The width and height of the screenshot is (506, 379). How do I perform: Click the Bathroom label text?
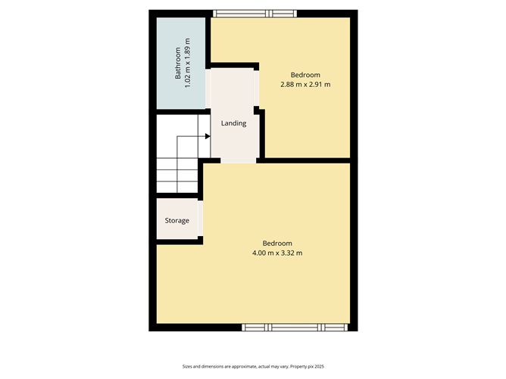point(178,64)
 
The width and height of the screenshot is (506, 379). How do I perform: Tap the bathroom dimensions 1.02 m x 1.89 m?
point(188,64)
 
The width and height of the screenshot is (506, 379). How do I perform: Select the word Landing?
point(233,123)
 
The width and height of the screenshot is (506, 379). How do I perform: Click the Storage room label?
point(177,220)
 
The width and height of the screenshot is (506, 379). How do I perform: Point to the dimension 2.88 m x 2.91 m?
point(305,84)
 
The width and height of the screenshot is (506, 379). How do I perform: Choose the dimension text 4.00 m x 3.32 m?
point(277,253)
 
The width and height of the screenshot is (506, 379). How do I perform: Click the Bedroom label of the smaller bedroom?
point(305,74)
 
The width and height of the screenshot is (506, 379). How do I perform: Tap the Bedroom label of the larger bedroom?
point(277,243)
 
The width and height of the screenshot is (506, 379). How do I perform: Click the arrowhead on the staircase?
point(206,136)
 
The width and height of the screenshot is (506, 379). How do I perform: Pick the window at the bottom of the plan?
point(296,327)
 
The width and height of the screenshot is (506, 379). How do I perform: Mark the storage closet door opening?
point(200,219)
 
